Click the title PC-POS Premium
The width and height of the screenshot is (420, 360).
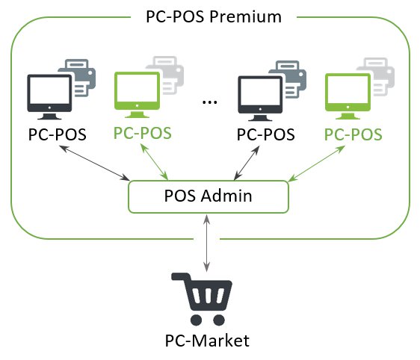(x=214, y=16)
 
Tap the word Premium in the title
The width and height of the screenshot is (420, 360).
(x=245, y=16)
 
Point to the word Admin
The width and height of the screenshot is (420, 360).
(x=226, y=196)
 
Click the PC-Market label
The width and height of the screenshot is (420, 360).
(x=207, y=341)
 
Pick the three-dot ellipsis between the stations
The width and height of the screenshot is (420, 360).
(x=209, y=102)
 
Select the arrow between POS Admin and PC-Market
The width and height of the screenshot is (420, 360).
(x=206, y=243)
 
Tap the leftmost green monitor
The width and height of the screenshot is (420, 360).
(x=138, y=95)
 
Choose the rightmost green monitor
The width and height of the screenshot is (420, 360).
(x=348, y=96)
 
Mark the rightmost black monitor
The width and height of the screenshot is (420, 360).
(x=260, y=99)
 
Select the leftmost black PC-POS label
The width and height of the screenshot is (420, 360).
(x=58, y=134)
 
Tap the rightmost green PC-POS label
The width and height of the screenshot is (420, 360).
(x=353, y=134)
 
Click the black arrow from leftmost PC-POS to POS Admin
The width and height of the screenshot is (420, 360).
(x=94, y=163)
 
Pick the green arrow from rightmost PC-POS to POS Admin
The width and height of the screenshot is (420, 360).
(x=317, y=164)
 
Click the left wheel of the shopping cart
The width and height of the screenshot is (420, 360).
(x=196, y=320)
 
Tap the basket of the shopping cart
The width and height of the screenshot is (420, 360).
(x=209, y=295)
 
